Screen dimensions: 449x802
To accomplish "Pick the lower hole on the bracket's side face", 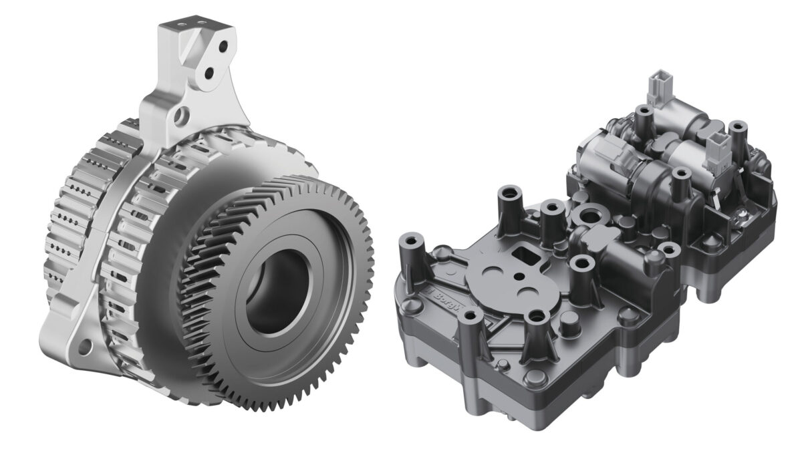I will click(x=211, y=70).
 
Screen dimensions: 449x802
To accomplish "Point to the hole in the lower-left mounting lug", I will click(x=86, y=345).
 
